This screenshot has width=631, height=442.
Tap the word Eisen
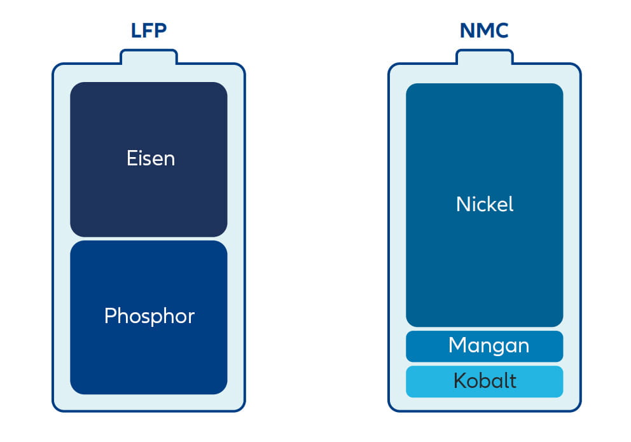point(150,158)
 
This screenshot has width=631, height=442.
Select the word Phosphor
point(149,316)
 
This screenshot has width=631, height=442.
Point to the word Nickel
point(485,204)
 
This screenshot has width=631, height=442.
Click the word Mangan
point(489,345)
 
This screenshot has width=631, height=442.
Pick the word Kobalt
point(485,381)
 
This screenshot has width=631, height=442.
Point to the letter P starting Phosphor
point(110,316)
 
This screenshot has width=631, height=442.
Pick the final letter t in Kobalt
point(513,381)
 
